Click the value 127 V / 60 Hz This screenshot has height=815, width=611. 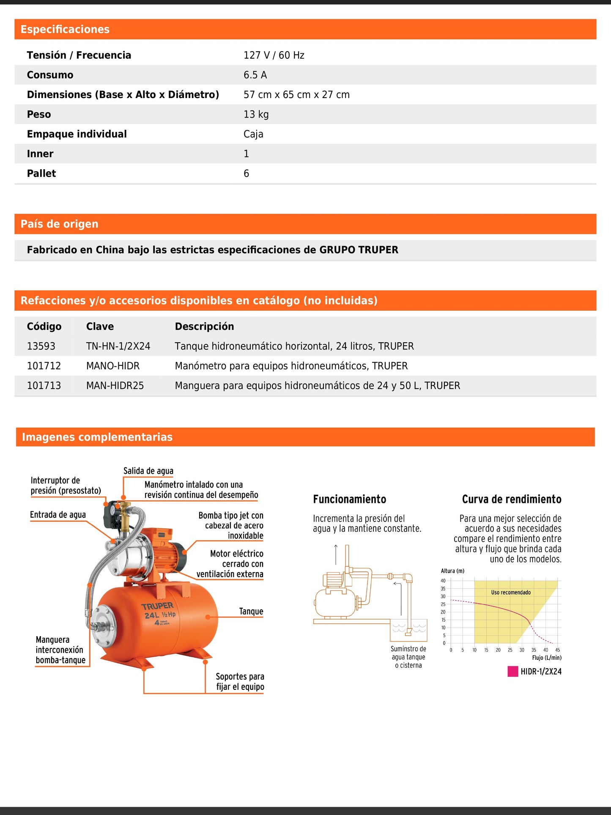[x=274, y=55]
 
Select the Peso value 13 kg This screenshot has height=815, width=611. [x=256, y=115]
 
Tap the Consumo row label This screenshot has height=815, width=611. [x=50, y=75]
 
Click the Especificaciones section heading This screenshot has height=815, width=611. [x=65, y=30]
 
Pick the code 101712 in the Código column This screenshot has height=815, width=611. [x=44, y=366]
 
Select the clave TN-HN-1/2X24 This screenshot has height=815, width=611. [x=118, y=346]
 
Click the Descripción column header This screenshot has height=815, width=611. [x=204, y=327]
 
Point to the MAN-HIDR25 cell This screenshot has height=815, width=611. [x=115, y=386]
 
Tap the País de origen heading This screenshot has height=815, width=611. [x=59, y=224]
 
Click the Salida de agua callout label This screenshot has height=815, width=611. [x=148, y=471]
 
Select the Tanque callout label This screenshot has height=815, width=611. [x=251, y=612]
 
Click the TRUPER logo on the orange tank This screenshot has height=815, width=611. [x=157, y=606]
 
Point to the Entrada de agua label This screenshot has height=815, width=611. [x=58, y=515]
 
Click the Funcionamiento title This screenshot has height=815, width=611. [x=349, y=499]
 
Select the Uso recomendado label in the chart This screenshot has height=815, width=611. [x=510, y=593]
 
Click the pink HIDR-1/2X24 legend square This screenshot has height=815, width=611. [x=512, y=672]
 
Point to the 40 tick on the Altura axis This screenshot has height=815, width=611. [x=443, y=581]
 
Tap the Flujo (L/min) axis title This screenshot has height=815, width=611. [x=546, y=658]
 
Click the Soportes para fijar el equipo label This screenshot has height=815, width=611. [x=240, y=682]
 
